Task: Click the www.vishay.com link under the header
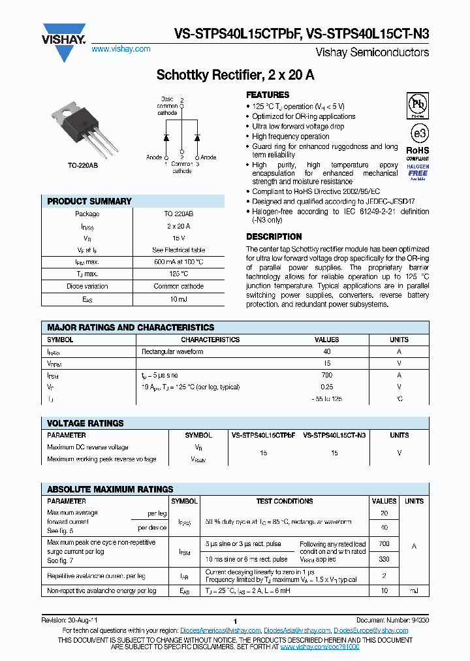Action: [x=121, y=49]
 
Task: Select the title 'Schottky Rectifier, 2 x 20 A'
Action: [x=235, y=75]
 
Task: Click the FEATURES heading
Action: [x=267, y=95]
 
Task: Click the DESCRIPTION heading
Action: [x=274, y=236]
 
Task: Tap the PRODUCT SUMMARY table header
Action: [x=89, y=201]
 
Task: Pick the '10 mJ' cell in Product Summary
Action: [x=178, y=298]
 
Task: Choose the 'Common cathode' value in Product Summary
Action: [x=178, y=286]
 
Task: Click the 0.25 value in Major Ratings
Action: [x=327, y=387]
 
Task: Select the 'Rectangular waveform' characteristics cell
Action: [x=172, y=351]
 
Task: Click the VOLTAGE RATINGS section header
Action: [x=86, y=423]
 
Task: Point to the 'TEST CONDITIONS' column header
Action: [x=285, y=501]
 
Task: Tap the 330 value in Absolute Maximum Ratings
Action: [x=384, y=559]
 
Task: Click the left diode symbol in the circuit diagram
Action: [x=166, y=138]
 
